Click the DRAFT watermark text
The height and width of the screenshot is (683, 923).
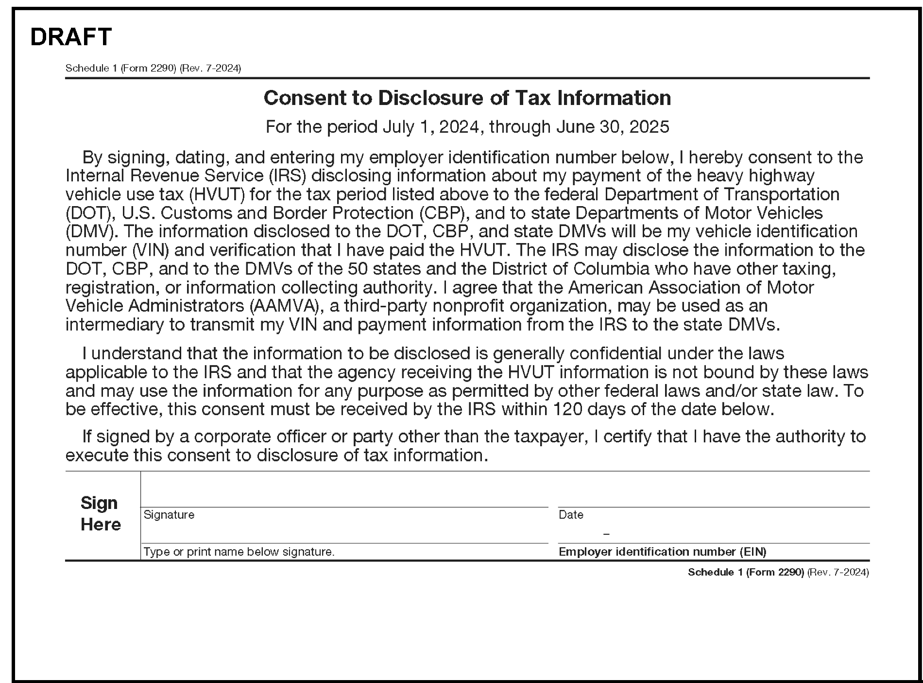(71, 37)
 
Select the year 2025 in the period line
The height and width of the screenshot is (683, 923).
(649, 127)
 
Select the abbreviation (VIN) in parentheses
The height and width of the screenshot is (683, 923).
(151, 250)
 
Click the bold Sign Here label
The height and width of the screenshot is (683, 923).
(100, 513)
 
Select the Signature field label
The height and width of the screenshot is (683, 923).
(169, 515)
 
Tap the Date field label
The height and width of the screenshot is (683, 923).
(571, 515)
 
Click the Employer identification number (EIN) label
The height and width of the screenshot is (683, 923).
(662, 552)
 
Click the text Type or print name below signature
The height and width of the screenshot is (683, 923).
(239, 552)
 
